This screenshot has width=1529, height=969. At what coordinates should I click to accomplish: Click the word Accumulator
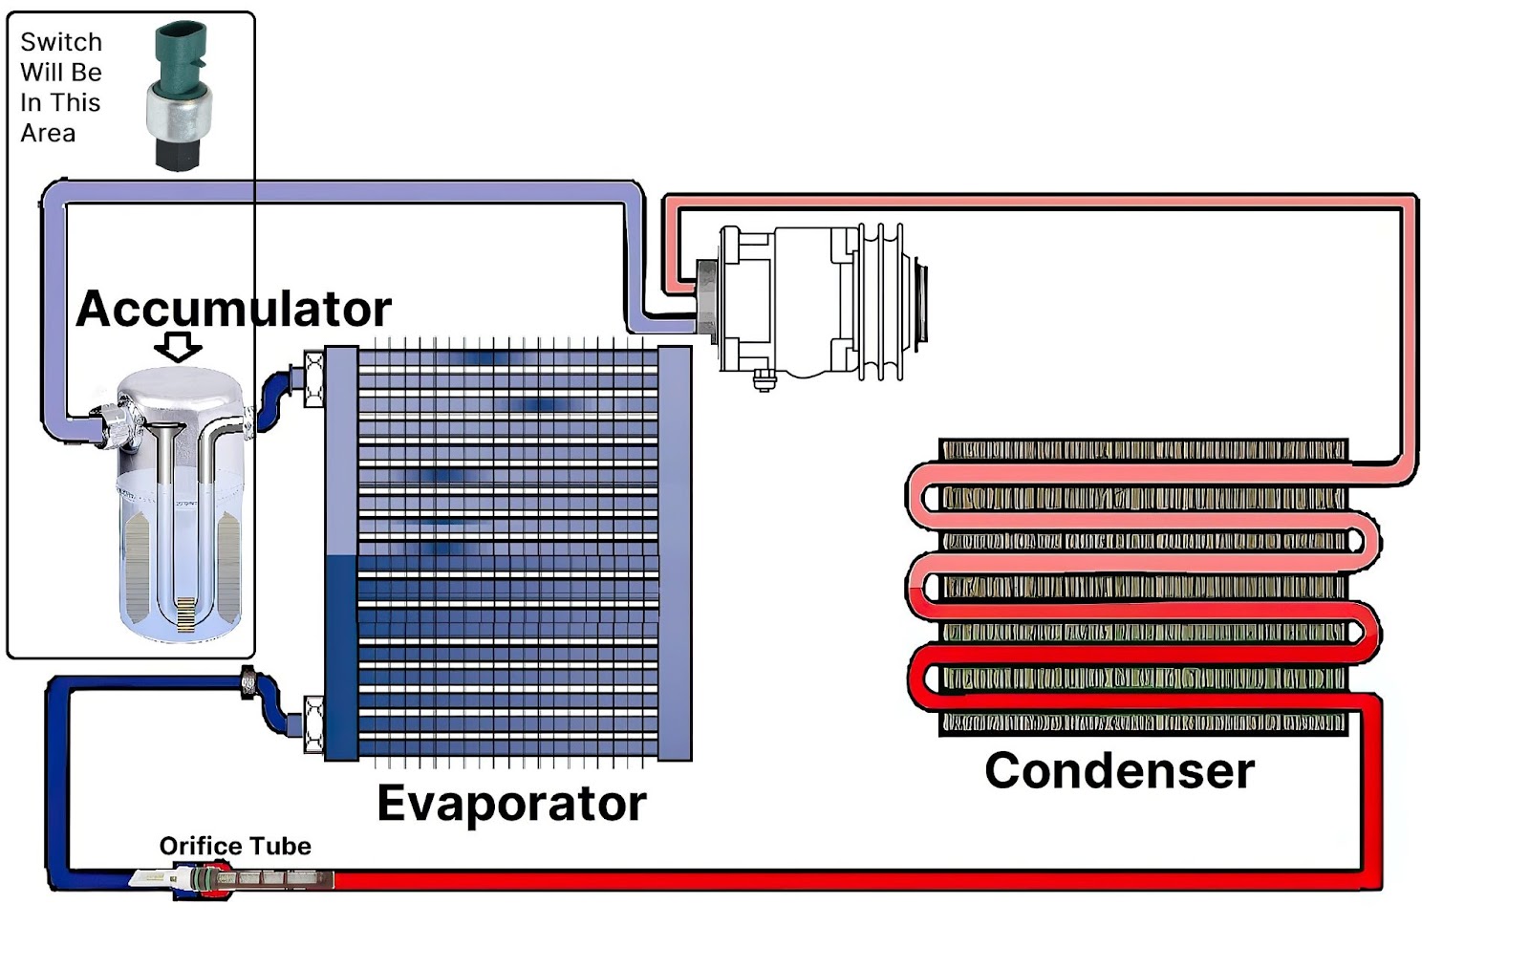pyautogui.click(x=233, y=309)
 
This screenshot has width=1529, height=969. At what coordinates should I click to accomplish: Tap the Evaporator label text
pyautogui.click(x=511, y=803)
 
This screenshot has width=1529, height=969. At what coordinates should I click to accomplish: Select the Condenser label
pyautogui.click(x=1118, y=770)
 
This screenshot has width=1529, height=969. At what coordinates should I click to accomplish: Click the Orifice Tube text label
pyautogui.click(x=234, y=846)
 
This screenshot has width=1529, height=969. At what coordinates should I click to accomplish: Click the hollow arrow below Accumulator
pyautogui.click(x=178, y=346)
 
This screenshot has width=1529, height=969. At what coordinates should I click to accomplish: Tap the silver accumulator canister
pyautogui.click(x=180, y=506)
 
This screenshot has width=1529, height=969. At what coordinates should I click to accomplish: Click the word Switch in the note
pyautogui.click(x=60, y=42)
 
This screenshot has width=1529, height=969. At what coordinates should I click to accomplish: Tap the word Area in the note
pyautogui.click(x=48, y=133)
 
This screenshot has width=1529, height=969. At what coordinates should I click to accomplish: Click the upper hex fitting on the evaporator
pyautogui.click(x=313, y=378)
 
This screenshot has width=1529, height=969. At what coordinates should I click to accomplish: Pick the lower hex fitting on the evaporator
pyautogui.click(x=313, y=723)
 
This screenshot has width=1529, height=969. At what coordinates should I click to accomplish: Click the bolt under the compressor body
pyautogui.click(x=764, y=380)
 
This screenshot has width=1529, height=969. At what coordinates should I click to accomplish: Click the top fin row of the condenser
pyautogui.click(x=1143, y=450)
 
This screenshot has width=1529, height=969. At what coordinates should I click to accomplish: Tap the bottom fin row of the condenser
pyautogui.click(x=1143, y=722)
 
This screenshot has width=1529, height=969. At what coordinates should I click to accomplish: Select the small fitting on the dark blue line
pyautogui.click(x=248, y=682)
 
